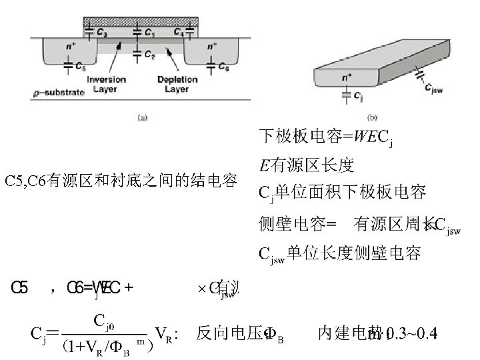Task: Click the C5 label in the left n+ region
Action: click(79, 67)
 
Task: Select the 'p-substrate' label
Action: click(59, 92)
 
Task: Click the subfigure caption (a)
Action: click(143, 118)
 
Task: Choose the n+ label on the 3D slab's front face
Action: click(347, 77)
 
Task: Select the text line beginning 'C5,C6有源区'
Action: click(121, 181)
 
